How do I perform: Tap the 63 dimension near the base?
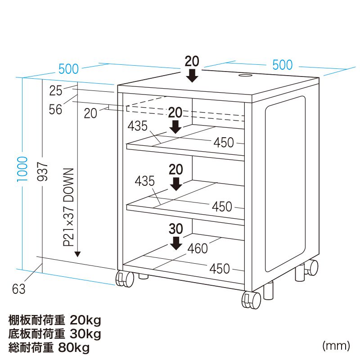(19, 289)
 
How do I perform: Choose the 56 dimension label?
(56, 109)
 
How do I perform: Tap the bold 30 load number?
(176, 229)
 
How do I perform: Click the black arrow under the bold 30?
(177, 243)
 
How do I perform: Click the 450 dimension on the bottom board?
(220, 269)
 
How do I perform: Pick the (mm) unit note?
(336, 346)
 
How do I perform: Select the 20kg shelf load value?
(85, 320)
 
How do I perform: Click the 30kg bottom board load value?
(85, 334)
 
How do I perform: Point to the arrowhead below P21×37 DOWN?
(77, 254)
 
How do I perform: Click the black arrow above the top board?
(193, 75)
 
